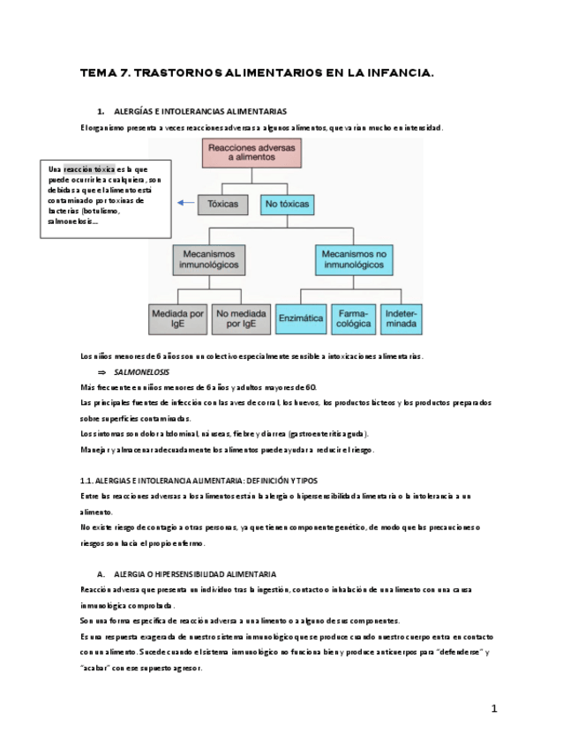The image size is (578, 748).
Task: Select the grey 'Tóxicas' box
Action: click(223, 204)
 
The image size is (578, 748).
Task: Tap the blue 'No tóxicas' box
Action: click(287, 204)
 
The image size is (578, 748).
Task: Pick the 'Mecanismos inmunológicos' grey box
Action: click(209, 258)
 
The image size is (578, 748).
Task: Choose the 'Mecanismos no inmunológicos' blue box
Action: click(355, 258)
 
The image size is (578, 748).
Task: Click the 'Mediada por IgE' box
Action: click(178, 318)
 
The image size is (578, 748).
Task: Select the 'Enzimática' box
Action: click(301, 318)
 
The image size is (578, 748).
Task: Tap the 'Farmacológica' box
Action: click(354, 318)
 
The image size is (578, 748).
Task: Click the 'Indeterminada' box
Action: click(402, 318)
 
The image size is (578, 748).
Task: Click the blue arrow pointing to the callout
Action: click(185, 203)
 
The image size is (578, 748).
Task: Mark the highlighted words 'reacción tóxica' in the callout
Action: click(89, 169)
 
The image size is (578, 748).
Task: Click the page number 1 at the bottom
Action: click(495, 708)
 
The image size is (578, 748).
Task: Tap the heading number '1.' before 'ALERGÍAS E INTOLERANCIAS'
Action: click(101, 112)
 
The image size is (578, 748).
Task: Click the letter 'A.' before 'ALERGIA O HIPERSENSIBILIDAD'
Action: click(101, 573)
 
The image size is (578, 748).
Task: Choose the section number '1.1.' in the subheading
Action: click(87, 481)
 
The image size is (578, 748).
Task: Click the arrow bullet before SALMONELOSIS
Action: click(101, 372)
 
